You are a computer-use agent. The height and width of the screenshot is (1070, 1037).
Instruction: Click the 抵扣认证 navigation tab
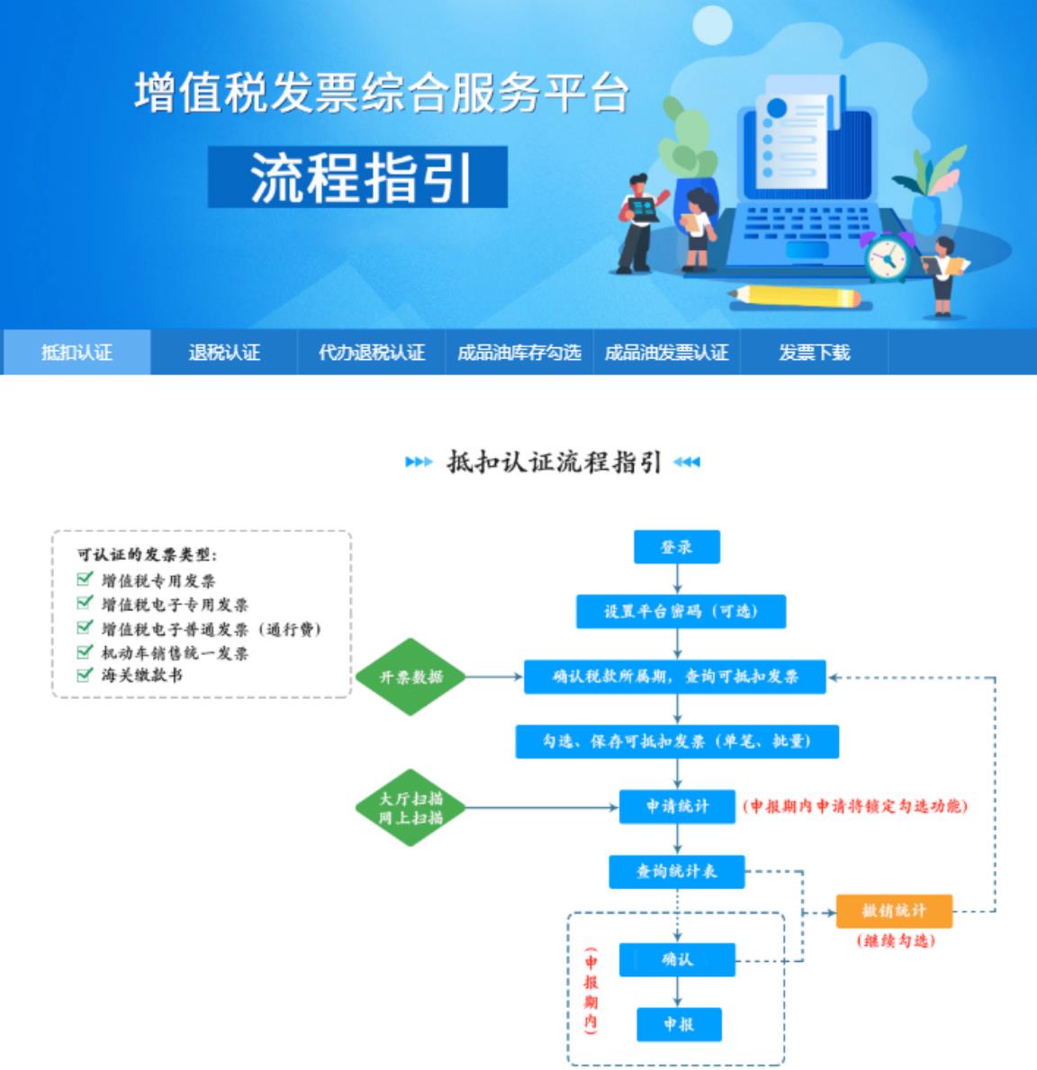[x=77, y=352]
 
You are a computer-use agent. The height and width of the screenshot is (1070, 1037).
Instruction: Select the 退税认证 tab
[x=224, y=352]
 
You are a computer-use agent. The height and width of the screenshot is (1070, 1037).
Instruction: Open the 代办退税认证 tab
[x=371, y=352]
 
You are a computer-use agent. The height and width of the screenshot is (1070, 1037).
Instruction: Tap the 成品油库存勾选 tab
[x=518, y=352]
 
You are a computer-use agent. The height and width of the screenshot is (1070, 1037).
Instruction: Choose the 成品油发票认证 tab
[x=666, y=352]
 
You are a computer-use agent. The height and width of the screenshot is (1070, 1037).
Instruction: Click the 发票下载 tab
[x=814, y=352]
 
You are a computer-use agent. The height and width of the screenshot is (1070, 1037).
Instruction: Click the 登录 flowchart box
[x=677, y=547]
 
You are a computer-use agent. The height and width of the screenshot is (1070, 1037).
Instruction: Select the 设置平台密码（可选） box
[x=681, y=612]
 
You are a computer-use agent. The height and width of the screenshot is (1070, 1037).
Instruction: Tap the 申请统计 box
[x=677, y=806]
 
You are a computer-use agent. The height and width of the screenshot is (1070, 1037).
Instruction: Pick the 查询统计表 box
[x=677, y=871]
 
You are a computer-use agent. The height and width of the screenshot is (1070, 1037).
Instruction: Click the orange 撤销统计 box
[x=894, y=911]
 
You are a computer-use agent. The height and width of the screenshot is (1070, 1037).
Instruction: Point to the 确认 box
[x=677, y=959]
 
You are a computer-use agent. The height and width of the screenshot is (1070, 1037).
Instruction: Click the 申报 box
[x=678, y=1024]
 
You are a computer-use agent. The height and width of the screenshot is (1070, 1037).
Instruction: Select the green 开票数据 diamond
[x=410, y=677]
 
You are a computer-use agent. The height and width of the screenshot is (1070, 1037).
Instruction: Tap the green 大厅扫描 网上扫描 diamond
[x=410, y=807]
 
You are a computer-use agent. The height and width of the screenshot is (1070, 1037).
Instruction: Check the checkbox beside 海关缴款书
[x=85, y=674]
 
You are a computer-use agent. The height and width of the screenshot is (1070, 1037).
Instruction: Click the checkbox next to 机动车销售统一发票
[x=85, y=651]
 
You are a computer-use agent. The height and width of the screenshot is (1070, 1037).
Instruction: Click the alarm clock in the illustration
[x=888, y=258]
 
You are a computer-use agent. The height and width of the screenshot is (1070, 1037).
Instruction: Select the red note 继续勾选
[x=895, y=940]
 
